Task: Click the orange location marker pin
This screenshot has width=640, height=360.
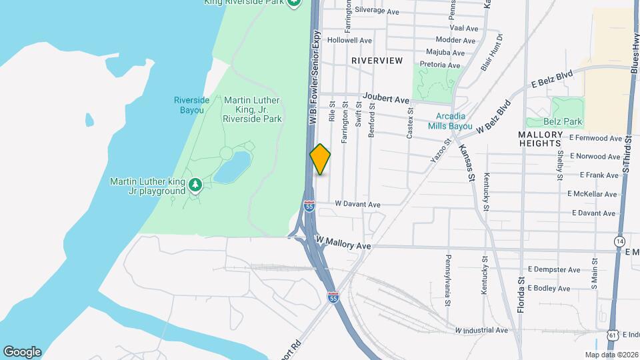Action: point(321,159)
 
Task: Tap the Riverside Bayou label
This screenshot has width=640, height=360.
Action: point(192,105)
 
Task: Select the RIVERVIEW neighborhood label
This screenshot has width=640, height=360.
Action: point(377,61)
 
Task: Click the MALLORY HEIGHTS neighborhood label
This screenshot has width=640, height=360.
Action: point(540,139)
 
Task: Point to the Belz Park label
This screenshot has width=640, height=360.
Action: point(564,121)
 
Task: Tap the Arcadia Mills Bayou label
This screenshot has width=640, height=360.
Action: point(450,119)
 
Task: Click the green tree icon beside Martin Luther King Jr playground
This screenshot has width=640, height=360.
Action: point(195,184)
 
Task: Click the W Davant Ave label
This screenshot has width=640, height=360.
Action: point(357,204)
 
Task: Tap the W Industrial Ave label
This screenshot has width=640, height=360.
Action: point(481,330)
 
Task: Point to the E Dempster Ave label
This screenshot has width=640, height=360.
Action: point(554,269)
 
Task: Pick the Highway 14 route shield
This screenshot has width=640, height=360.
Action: point(620,240)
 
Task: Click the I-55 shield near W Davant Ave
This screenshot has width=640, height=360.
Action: point(309,206)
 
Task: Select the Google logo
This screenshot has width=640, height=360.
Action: point(22,351)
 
